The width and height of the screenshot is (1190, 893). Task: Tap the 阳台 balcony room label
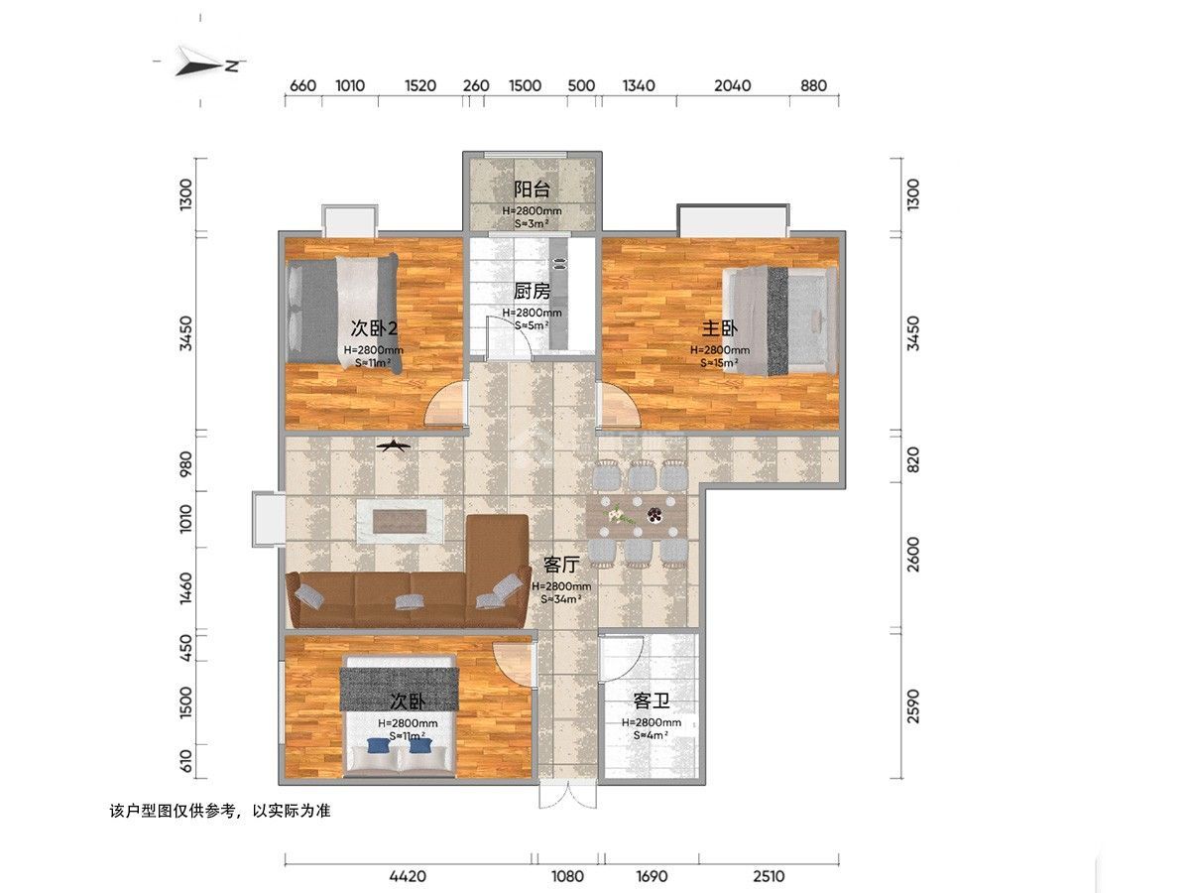[x=532, y=190]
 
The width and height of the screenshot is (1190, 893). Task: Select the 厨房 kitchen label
[x=532, y=291]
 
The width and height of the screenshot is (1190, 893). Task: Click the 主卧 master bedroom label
[x=720, y=328]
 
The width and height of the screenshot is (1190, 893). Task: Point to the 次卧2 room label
[x=374, y=328]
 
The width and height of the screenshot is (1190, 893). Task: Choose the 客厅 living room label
[x=561, y=565]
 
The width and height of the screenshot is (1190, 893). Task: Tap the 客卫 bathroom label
[x=652, y=702]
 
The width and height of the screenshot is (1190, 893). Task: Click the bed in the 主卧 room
[x=779, y=320]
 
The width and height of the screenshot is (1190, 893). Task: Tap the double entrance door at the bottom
[x=568, y=798]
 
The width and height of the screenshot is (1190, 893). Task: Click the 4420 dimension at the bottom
[x=407, y=876]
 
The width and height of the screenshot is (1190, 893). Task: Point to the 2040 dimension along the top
[x=732, y=85]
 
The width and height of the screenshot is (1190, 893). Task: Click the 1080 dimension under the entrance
[x=568, y=876]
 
